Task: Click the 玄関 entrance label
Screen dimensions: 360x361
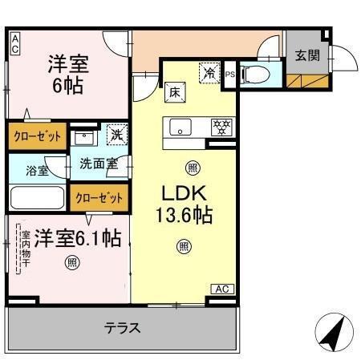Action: (x=307, y=55)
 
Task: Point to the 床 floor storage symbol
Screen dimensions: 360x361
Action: (x=172, y=93)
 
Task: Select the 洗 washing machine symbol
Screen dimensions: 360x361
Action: (x=116, y=136)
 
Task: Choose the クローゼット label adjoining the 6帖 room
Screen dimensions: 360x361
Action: (x=37, y=136)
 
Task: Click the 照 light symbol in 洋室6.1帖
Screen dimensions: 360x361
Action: (x=72, y=261)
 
